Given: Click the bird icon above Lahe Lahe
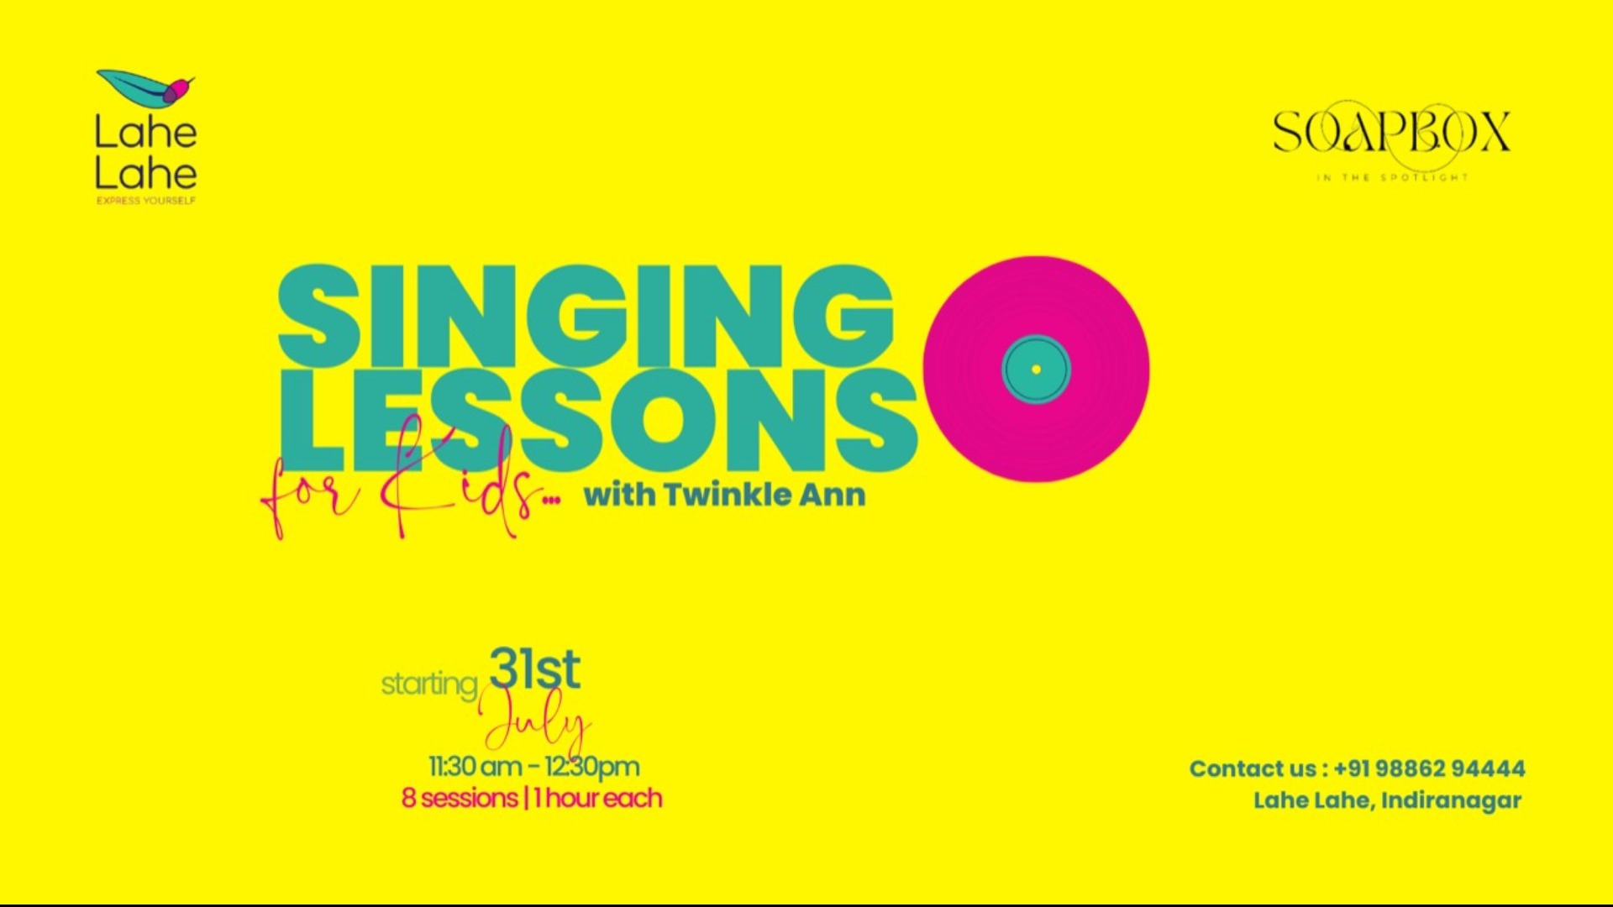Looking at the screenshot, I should pos(146,87).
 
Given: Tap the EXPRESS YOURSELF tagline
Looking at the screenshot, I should pos(146,201).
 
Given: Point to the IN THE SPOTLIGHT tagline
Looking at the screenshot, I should pos(1392,178).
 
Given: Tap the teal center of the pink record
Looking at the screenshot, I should pos(1036,370).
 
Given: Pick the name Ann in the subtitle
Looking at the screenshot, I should pos(832,495).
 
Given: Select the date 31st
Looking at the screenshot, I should pos(534,669).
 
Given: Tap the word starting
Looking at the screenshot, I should pos(429,684).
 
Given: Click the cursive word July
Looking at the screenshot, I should pos(536,724).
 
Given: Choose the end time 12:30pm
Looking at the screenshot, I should pos(592,767).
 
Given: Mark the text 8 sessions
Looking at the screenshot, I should pos(459,798).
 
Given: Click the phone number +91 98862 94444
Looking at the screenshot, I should pos(1429,768).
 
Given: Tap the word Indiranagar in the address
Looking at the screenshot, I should pos(1451,800).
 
